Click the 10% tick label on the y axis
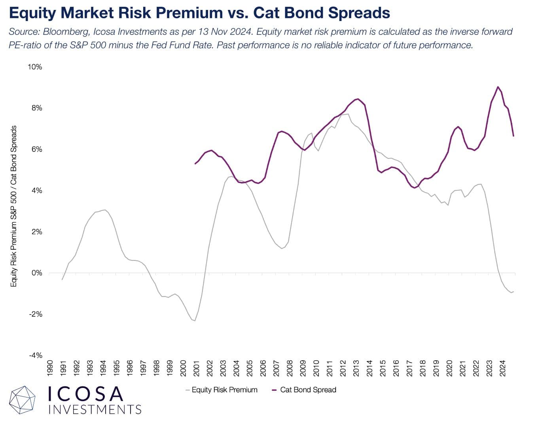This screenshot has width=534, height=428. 35,67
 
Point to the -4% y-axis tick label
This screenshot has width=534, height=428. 35,355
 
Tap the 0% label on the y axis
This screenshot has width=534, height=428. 37,273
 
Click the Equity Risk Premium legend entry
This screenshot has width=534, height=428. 224,390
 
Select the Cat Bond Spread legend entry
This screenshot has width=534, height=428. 308,390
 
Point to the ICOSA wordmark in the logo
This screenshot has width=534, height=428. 85,394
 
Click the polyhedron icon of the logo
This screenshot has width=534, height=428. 23,400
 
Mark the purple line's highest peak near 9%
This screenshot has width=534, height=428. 498,87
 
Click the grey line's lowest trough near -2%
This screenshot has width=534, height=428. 195,321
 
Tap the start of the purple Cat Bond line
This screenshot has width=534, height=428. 195,164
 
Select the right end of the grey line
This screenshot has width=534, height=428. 513,292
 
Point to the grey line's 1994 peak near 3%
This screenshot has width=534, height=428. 104,210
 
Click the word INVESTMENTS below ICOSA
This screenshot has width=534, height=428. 95,409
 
